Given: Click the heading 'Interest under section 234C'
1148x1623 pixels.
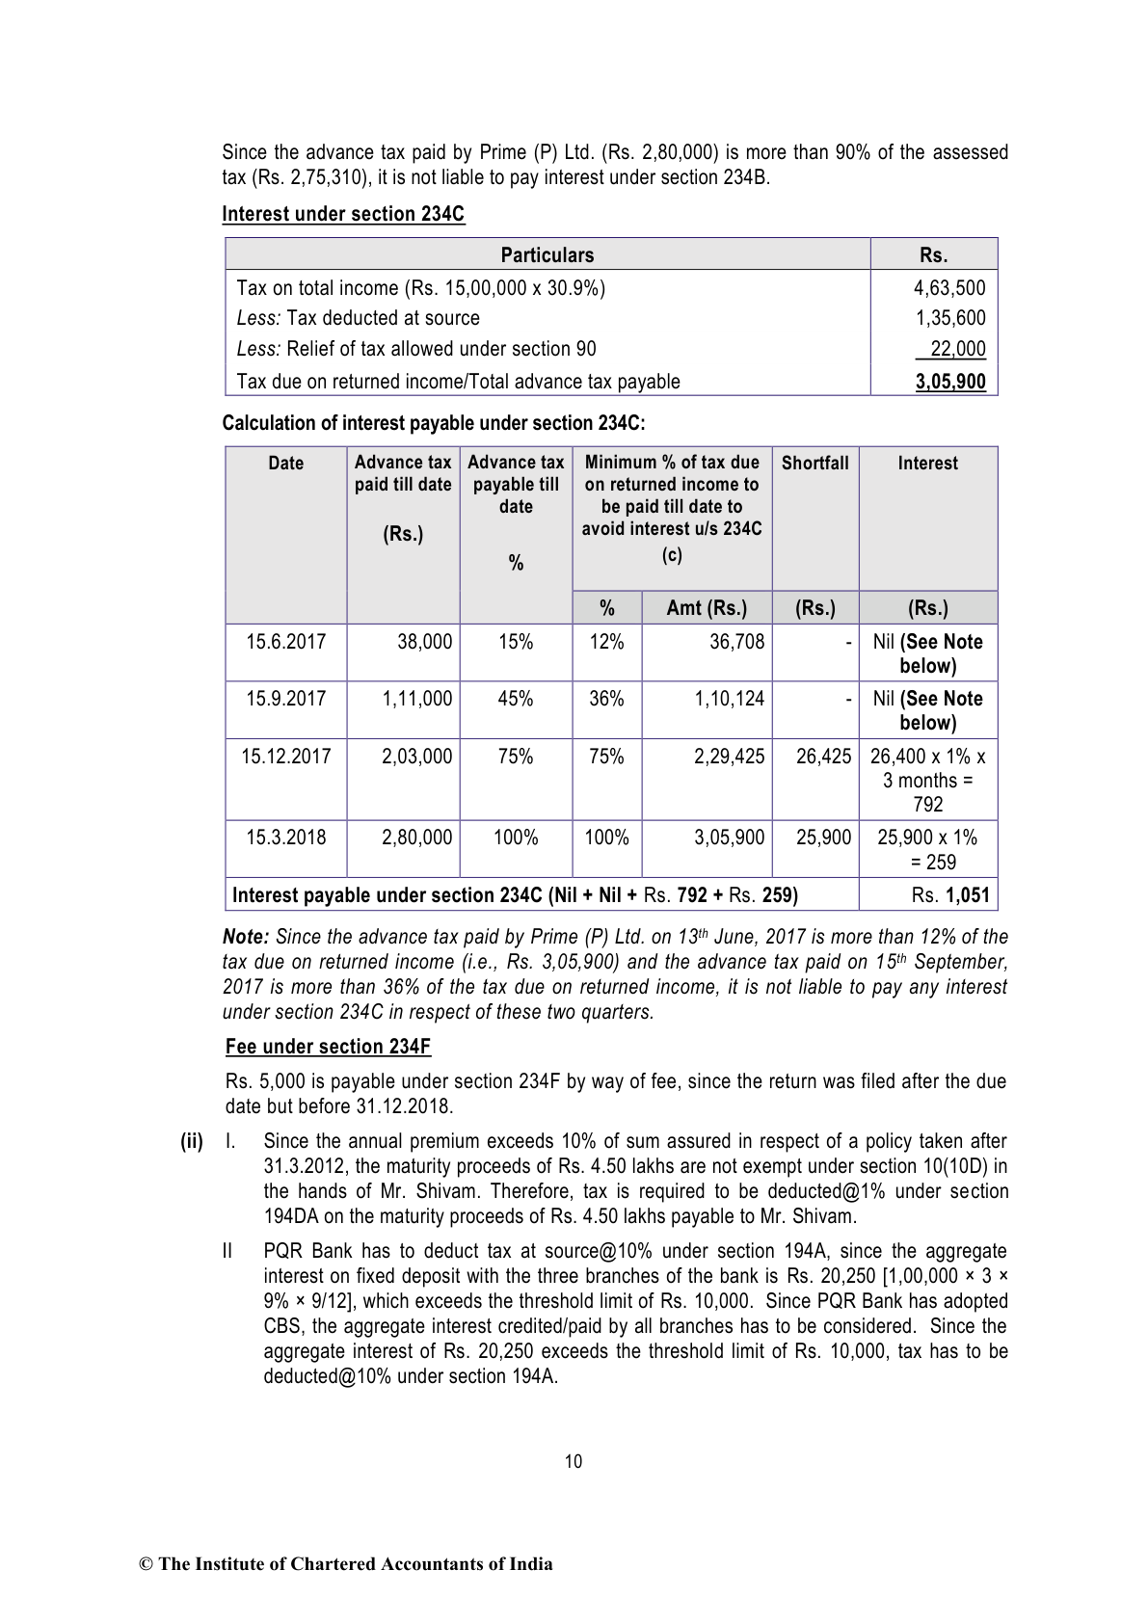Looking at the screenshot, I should pos(343,214).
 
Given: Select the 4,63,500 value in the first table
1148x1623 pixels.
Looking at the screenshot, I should pos(949,287).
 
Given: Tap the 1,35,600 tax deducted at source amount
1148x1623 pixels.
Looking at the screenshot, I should pos(949,318).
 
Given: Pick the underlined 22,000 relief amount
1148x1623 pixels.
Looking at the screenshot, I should pos(957,349).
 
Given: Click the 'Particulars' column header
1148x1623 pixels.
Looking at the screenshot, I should pos(547,254).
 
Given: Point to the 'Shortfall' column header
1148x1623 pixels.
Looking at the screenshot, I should pos(814,463).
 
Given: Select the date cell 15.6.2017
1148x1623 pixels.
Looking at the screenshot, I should pos(285,642).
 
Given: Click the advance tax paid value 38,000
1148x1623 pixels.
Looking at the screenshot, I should pos(424,642).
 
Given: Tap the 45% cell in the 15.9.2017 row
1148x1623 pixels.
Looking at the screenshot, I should pos(516,699).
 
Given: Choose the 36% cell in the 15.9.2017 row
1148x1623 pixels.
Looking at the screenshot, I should pos(606,699).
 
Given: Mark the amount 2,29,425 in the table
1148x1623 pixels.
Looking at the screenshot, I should pos(729,757).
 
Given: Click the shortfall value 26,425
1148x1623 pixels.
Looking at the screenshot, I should pos(823,757).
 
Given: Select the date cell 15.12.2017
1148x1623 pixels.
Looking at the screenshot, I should pos(285,757).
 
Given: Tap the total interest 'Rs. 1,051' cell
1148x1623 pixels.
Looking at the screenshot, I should pos(949,895).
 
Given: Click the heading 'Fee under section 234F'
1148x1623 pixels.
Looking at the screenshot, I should pos(328,1047).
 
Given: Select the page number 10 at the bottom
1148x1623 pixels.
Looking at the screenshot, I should pos(574,1461).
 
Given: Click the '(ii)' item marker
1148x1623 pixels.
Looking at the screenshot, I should pos(192,1141).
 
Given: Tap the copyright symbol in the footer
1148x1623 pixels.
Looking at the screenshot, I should pos(147,1564).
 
